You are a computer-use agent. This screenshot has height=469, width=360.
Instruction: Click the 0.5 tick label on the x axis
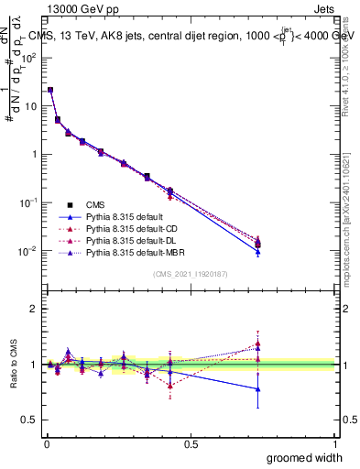point(191,442)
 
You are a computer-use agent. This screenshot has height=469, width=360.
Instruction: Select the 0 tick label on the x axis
point(47,442)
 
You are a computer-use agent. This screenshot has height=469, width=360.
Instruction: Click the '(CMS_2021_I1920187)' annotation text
point(191,274)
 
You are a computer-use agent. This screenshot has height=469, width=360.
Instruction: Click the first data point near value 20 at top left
point(50,90)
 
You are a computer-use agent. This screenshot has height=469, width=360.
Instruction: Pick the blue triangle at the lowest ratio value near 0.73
point(258,388)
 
